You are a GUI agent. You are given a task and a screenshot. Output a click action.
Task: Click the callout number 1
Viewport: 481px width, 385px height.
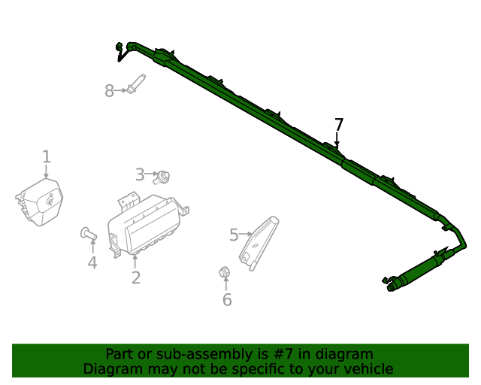click(46, 156)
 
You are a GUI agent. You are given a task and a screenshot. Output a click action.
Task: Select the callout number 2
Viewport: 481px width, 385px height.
click(135, 277)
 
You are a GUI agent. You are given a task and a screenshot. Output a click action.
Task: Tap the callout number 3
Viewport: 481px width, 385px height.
click(140, 175)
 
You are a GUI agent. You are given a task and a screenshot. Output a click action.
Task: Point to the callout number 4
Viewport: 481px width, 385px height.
click(92, 262)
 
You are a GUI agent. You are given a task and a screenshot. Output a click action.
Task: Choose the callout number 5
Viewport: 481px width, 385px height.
click(234, 235)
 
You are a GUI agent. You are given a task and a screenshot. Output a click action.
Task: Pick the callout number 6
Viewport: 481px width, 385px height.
click(226, 300)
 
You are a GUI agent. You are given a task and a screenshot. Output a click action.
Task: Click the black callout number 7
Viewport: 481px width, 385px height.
click(338, 125)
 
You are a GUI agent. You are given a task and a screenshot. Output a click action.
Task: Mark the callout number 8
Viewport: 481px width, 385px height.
click(110, 91)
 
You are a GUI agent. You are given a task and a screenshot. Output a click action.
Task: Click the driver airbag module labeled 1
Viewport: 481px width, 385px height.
click(41, 201)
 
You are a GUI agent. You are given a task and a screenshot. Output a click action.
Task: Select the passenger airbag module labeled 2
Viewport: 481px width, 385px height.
click(147, 223)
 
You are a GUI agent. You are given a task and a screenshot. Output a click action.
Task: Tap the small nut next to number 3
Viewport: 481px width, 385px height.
click(163, 177)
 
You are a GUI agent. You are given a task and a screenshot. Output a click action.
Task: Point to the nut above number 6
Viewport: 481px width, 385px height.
click(224, 271)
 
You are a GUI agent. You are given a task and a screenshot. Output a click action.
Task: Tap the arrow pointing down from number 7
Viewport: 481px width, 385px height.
click(337, 141)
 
